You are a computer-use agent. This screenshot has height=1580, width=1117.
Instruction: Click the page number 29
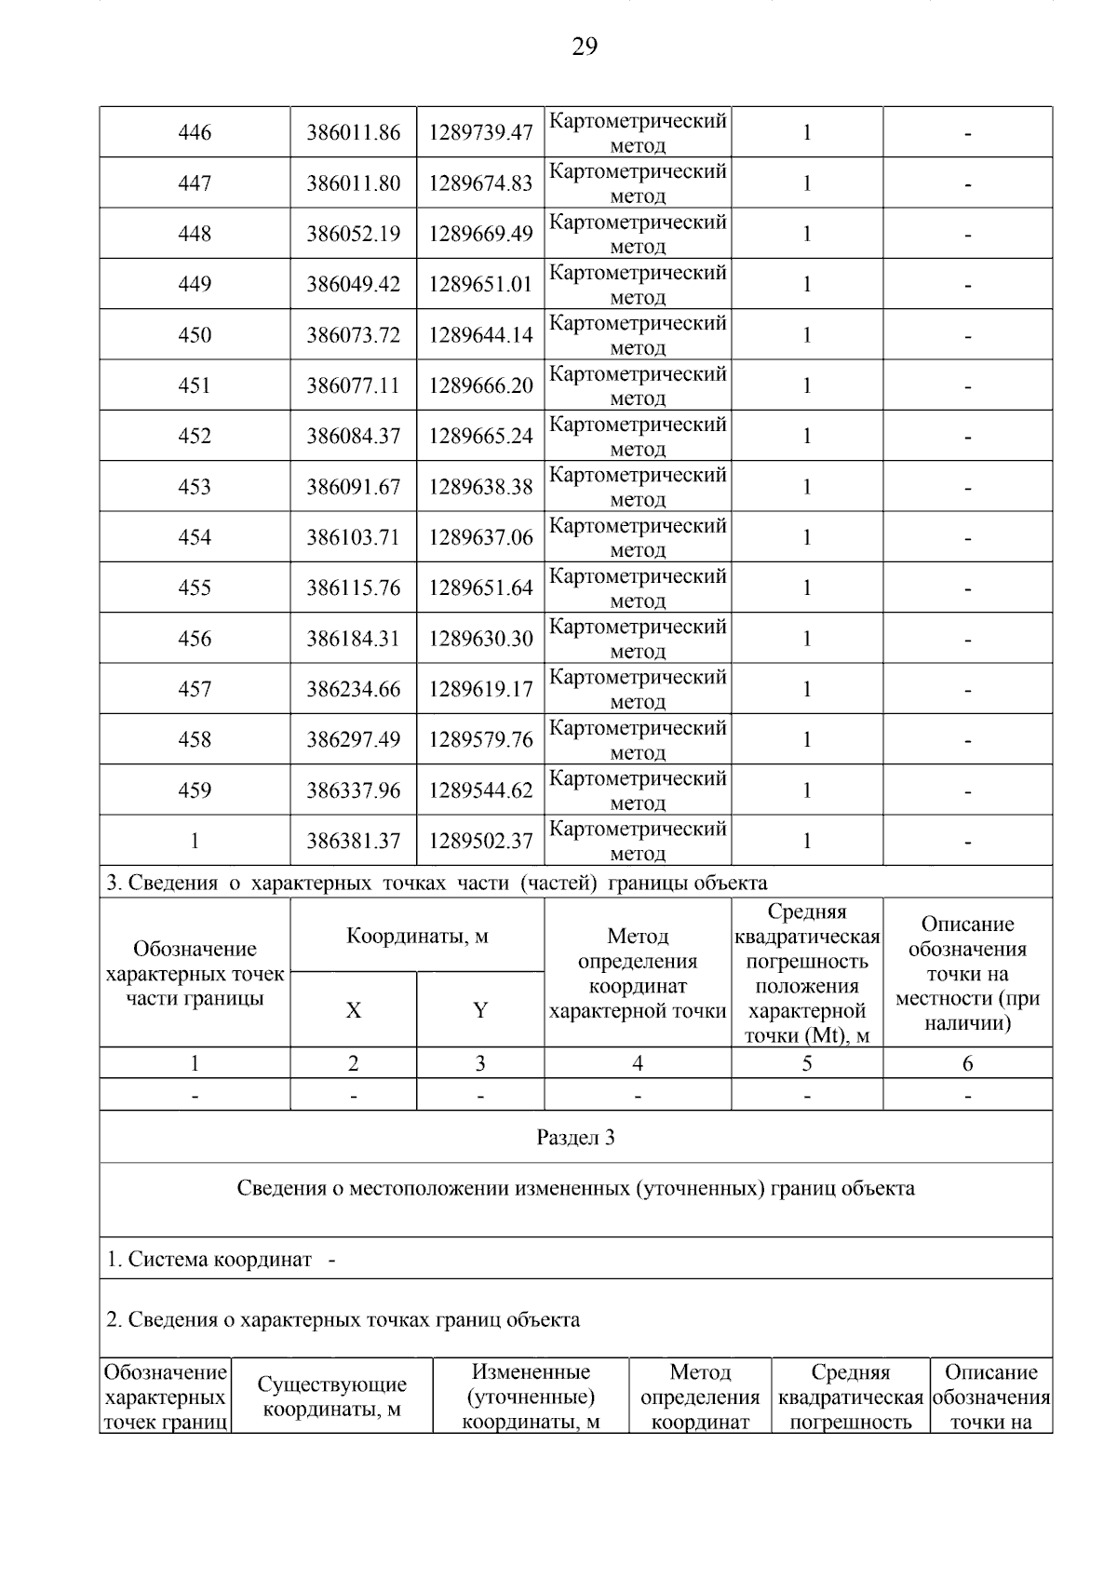coord(585,47)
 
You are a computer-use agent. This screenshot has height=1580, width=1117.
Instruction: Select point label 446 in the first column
coord(195,133)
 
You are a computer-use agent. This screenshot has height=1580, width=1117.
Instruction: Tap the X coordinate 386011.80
coord(354,183)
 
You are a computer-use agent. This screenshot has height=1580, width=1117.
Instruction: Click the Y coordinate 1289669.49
coord(480,234)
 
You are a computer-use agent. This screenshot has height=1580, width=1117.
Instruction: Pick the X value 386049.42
coord(354,284)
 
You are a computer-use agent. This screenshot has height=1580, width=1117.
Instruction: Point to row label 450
coord(195,335)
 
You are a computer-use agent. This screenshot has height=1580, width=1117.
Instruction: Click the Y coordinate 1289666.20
coord(480,385)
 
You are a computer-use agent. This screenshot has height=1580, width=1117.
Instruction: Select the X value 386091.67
coord(354,487)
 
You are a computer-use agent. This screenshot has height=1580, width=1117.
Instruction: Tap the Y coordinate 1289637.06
coord(480,537)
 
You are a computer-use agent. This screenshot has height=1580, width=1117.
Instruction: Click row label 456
coord(195,639)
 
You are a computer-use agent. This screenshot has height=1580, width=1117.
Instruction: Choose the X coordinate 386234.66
coord(354,689)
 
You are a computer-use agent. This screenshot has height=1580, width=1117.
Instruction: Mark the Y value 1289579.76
coord(480,739)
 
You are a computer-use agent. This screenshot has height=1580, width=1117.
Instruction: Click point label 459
coord(195,790)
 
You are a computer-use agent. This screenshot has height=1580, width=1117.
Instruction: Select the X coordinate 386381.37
coord(354,841)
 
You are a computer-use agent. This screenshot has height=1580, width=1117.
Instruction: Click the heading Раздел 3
coord(575,1138)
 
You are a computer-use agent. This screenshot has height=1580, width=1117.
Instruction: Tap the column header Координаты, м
coord(417,936)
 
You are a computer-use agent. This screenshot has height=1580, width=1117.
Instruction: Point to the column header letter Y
coord(480,1010)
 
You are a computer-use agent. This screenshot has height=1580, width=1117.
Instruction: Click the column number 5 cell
coord(807,1063)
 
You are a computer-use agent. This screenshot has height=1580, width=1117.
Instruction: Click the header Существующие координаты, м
coord(332,1397)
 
